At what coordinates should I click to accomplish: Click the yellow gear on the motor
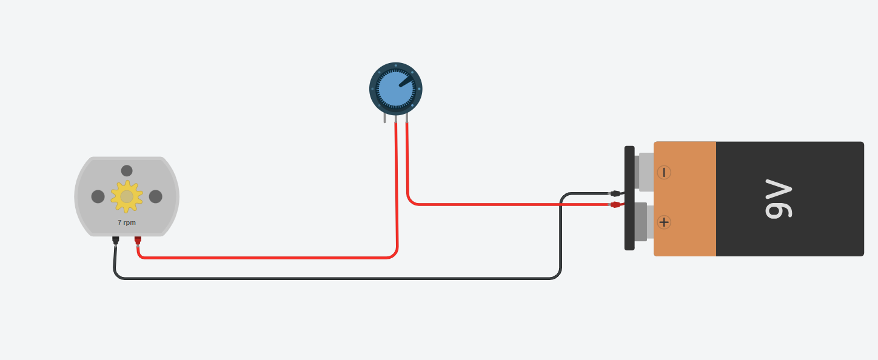point(127,196)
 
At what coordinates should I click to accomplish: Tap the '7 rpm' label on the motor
point(127,222)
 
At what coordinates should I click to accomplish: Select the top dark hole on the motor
point(127,171)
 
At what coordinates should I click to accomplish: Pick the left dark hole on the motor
point(98,196)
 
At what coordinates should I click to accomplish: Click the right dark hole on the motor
point(156,196)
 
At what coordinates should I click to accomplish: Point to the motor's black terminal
point(115,240)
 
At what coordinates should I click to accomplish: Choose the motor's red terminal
point(138,240)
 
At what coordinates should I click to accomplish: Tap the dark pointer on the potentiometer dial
point(405,81)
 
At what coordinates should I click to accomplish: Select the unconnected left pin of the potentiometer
point(384,118)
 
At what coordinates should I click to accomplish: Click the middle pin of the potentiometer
point(395,118)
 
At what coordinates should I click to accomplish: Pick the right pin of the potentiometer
point(406,118)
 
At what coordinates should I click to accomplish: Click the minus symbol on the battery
point(664,172)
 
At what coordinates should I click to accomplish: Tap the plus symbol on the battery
point(664,222)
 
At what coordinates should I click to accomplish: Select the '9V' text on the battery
point(779,199)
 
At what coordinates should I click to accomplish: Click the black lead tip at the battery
point(615,193)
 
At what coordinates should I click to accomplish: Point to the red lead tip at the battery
point(615,205)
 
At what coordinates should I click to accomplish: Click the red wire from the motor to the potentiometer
point(267,258)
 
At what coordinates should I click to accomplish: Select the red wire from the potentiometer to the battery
point(509,204)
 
